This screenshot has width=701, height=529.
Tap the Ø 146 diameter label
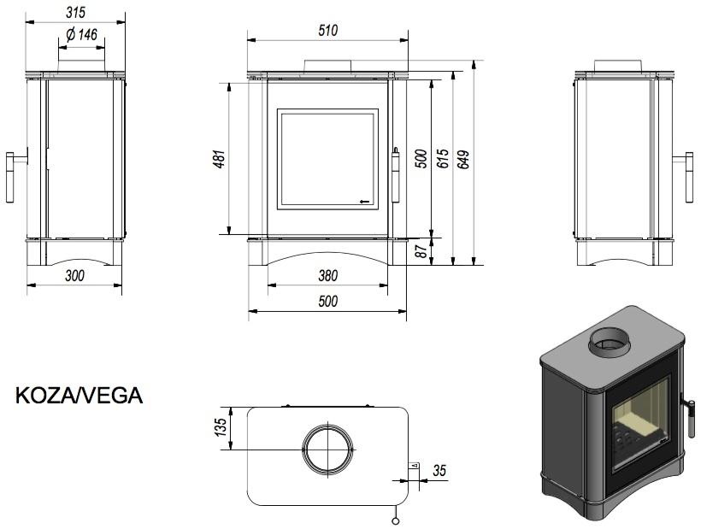[80, 35]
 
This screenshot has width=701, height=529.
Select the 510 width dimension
[327, 30]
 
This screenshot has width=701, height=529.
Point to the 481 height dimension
[219, 159]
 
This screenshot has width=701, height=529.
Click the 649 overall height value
[463, 160]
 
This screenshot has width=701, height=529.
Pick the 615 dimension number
[442, 160]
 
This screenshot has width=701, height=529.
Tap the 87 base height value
[421, 252]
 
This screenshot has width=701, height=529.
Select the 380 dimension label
[327, 275]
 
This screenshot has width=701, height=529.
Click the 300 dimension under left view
[74, 275]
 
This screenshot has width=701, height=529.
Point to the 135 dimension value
[221, 426]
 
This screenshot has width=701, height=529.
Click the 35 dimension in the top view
[439, 470]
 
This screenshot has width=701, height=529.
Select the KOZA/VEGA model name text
[79, 397]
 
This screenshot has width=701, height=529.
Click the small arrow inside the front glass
[365, 201]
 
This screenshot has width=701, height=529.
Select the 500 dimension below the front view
[327, 301]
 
